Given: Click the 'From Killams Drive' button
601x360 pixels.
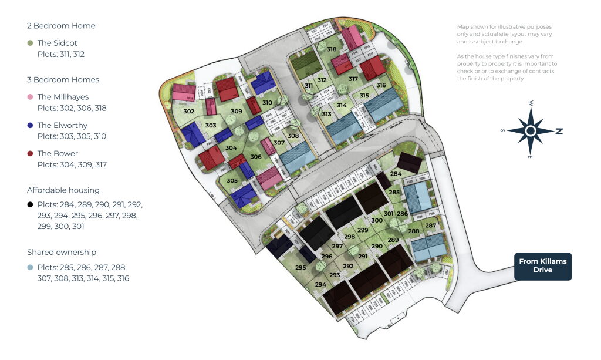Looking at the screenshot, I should click(x=542, y=266).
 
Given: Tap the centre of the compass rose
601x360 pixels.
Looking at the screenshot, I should click(x=531, y=131).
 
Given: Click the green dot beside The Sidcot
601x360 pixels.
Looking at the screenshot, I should click(x=29, y=43).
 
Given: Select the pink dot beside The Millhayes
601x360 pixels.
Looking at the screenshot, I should click(x=29, y=97).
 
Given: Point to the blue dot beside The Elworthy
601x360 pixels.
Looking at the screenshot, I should click(x=29, y=125).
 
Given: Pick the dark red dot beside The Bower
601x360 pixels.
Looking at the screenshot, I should click(x=29, y=153).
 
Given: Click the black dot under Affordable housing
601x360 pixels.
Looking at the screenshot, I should click(x=29, y=205).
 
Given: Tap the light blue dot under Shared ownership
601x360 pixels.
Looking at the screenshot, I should click(x=29, y=267).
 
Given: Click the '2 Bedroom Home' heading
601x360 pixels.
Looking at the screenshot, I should click(x=61, y=26).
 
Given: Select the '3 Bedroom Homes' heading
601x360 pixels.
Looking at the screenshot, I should click(x=63, y=80).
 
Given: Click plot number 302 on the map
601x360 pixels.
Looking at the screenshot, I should click(x=188, y=112).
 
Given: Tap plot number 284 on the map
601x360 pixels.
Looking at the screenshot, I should click(x=396, y=174).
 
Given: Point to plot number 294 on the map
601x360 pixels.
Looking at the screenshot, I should click(x=320, y=285).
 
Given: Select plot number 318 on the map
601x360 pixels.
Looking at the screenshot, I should click(x=332, y=49).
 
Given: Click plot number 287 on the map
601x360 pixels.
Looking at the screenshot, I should click(x=431, y=226).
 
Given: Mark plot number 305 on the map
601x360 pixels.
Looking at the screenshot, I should click(x=232, y=180).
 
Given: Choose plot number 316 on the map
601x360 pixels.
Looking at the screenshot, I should click(x=381, y=85).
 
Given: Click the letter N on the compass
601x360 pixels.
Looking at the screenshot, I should click(x=559, y=132).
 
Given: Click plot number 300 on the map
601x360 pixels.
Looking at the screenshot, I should click(x=377, y=220).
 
